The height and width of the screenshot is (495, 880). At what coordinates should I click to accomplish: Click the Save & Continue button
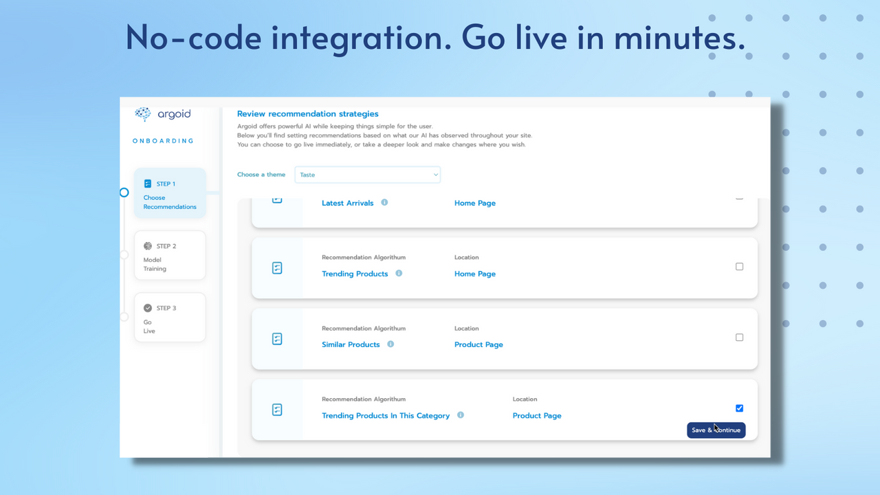click(716, 430)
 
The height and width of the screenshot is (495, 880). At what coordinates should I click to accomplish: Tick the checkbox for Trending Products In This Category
click(739, 408)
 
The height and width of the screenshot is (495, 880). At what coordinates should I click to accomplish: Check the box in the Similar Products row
click(739, 338)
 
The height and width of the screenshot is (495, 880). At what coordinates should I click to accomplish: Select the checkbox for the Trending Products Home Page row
click(739, 267)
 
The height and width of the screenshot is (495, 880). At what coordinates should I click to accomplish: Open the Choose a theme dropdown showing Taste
click(367, 175)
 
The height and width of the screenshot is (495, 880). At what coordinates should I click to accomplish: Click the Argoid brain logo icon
click(143, 114)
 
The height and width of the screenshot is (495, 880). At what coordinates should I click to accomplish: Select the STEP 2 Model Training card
click(170, 255)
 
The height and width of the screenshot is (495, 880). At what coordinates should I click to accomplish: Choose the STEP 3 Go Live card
click(170, 317)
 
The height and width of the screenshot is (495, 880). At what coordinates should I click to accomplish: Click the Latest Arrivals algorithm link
click(347, 203)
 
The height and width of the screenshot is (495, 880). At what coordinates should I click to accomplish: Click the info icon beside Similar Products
click(390, 344)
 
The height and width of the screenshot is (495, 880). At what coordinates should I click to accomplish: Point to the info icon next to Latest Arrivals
click(384, 202)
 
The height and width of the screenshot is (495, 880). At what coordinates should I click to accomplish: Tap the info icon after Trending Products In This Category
click(461, 415)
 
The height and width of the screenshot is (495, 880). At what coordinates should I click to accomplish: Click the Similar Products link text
click(351, 344)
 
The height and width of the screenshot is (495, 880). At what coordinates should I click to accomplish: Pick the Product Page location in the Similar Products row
click(478, 344)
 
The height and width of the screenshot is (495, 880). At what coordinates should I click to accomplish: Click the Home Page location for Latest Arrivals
click(474, 203)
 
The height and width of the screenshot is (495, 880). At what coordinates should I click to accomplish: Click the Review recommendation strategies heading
click(307, 113)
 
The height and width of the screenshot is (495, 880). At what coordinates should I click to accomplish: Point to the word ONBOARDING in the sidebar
click(163, 141)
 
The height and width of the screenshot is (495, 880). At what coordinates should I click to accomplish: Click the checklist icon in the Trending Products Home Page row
click(277, 268)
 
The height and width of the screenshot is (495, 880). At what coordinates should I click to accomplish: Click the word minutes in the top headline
click(679, 37)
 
